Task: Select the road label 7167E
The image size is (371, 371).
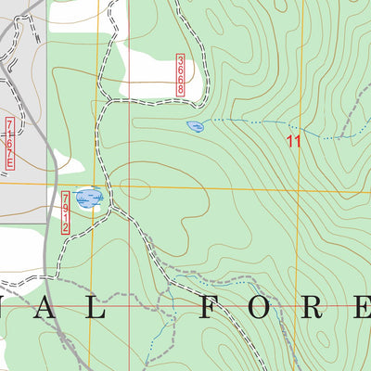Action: click(x=10, y=143)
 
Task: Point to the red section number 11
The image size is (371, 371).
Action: click(x=294, y=142)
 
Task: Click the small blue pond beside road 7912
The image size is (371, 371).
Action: click(x=89, y=198)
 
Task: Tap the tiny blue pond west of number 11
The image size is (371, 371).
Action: click(x=195, y=125)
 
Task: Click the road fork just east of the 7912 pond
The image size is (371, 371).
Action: click(x=112, y=206)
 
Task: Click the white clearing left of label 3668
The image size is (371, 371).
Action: click(x=148, y=70)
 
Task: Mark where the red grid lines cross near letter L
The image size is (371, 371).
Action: click(x=94, y=304)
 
